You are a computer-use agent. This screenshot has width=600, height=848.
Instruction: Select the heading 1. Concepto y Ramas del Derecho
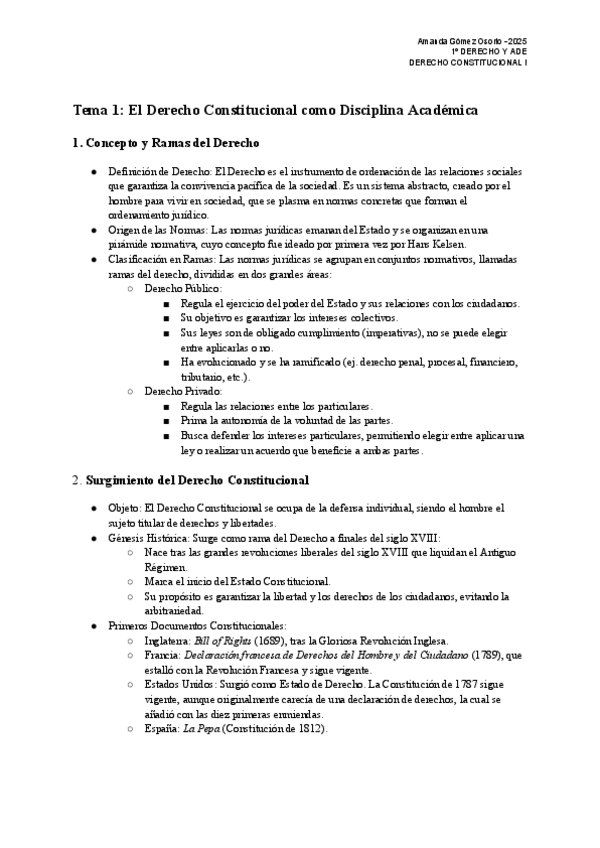pos(166,143)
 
